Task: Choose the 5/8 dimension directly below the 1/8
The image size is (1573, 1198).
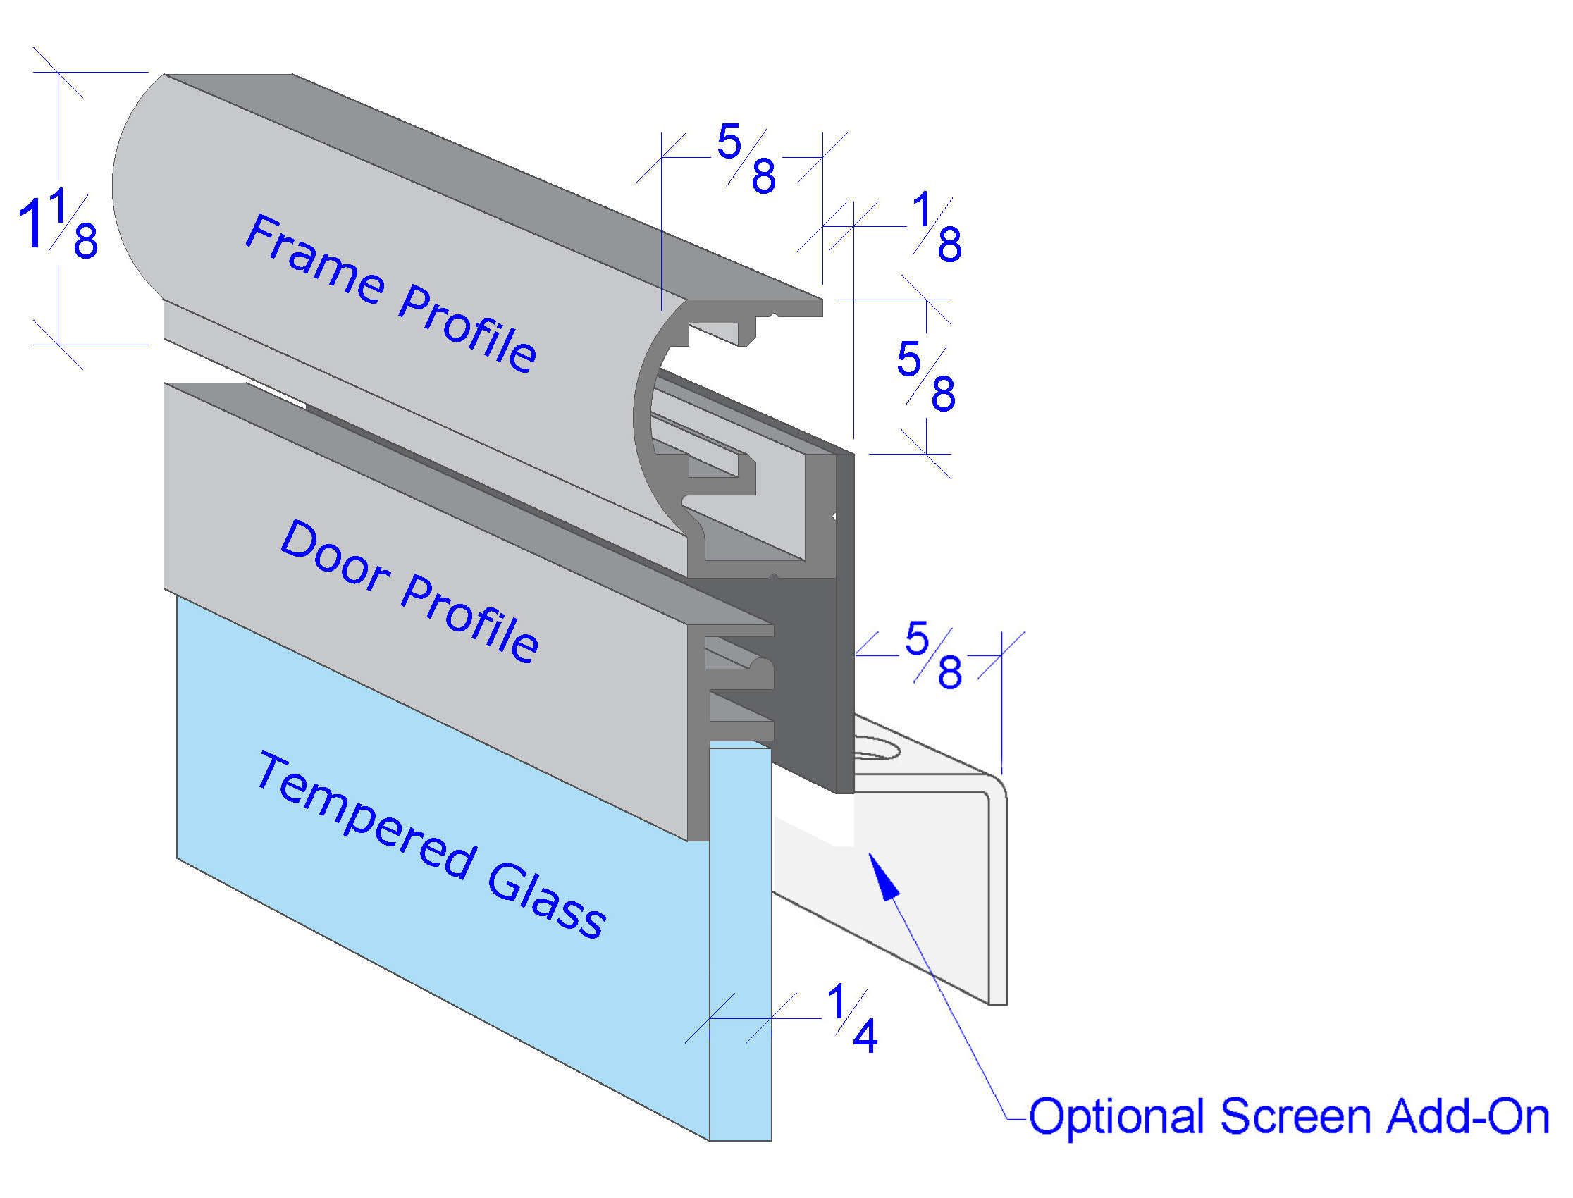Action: coord(925,376)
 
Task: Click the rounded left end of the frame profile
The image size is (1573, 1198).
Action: coord(135,185)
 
